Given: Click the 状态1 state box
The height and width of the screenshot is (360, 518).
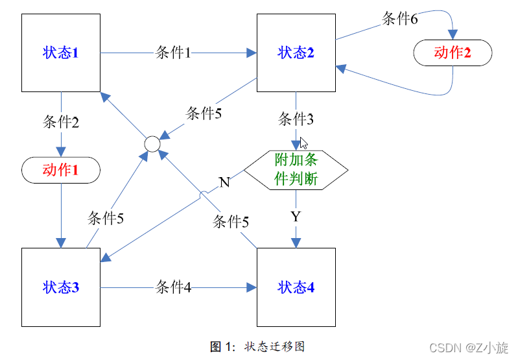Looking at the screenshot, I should pos(61,53).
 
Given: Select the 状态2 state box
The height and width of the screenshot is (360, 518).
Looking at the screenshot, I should pos(296,53).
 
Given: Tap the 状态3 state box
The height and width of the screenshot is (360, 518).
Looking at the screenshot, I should pos(61,287).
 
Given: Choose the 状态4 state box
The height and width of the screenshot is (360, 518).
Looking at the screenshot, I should pos(296,287).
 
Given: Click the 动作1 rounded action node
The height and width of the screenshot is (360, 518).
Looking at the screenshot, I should pos(61,170).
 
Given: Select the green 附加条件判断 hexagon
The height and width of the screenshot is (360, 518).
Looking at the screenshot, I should pos(296,170).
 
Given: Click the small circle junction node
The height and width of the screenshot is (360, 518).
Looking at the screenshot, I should pos(152,143).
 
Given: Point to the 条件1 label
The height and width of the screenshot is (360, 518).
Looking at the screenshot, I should pos(173,53).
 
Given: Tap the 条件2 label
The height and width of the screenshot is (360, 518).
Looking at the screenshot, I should pos(61,122).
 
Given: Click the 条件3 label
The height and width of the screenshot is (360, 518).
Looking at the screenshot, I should pos(296,119).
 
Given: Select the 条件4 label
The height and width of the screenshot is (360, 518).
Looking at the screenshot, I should pos(173,287).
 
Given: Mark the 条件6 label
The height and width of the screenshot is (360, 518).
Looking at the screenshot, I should pos(399,18).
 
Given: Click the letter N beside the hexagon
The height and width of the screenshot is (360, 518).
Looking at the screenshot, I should pos(224,182).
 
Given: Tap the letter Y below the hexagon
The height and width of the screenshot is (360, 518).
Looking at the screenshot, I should pos(296,217).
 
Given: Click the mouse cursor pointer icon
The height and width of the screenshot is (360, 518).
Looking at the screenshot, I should pos(303,143).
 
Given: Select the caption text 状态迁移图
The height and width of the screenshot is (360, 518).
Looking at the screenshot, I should pos(274,346).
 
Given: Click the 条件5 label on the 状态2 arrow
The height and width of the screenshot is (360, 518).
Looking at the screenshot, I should pos(204,114).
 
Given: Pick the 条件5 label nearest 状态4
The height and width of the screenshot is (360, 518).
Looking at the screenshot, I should pos(231,222).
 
